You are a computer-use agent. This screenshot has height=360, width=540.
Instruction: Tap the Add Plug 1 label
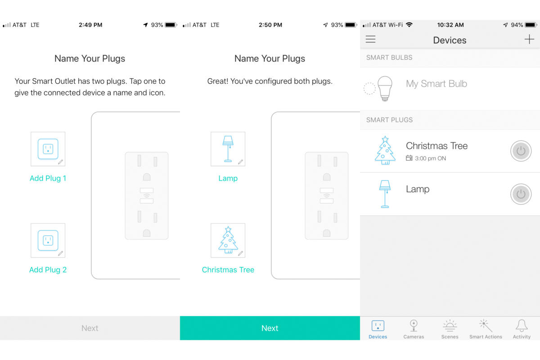[x=48, y=178]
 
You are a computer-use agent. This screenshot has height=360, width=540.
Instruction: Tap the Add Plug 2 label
[x=48, y=270]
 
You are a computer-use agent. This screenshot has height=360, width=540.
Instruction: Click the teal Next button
[x=270, y=328]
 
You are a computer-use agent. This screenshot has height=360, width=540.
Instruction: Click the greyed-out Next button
[x=90, y=328]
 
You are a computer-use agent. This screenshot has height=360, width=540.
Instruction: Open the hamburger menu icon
[x=370, y=39]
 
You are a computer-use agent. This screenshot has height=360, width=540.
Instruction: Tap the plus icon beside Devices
[x=529, y=39]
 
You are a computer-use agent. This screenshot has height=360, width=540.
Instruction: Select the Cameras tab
[x=414, y=329]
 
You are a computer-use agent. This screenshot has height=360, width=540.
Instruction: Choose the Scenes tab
[x=450, y=329]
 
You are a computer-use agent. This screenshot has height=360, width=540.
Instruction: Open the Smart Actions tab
[x=486, y=329]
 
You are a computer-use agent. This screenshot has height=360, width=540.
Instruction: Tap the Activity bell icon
[x=522, y=325]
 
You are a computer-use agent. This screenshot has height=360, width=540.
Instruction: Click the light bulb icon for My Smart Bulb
[x=385, y=89]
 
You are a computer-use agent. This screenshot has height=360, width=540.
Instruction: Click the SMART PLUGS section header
[x=389, y=120]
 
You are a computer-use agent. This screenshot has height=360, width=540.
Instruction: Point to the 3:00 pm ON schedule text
[x=430, y=158]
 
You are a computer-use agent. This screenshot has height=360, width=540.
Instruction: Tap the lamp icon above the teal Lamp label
[x=228, y=149]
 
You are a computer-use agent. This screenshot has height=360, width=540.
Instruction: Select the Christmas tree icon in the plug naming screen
[x=228, y=240]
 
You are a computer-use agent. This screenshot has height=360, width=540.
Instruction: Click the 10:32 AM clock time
[x=450, y=25]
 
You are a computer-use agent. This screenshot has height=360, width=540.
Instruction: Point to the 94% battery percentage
[x=517, y=25]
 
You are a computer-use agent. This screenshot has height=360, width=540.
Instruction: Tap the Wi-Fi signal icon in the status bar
[x=409, y=25]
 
